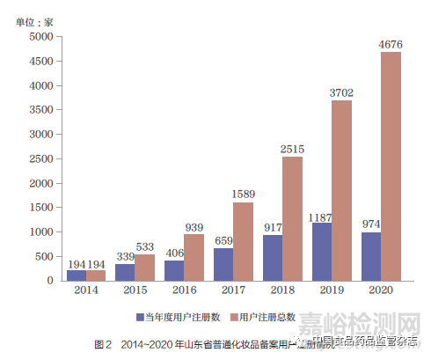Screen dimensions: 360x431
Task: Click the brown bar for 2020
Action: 391,166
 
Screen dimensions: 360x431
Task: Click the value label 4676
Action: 391,44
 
